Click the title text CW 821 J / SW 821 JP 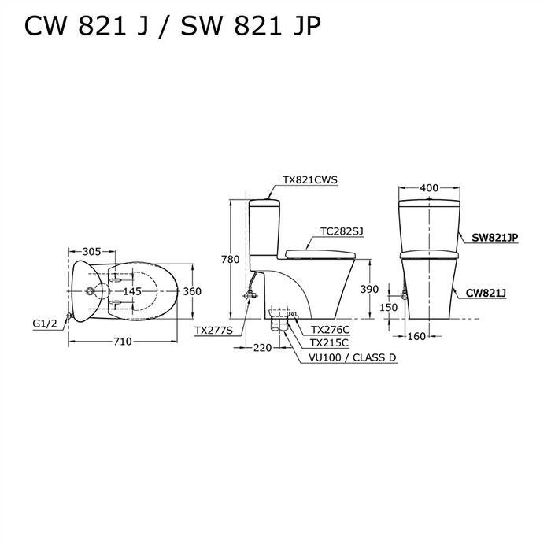[172, 27]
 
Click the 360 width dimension [192, 291]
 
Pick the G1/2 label [44, 323]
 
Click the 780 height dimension [229, 260]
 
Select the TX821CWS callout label [310, 179]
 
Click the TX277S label [216, 331]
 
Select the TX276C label [330, 330]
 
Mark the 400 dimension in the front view [428, 189]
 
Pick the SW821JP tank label [495, 236]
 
